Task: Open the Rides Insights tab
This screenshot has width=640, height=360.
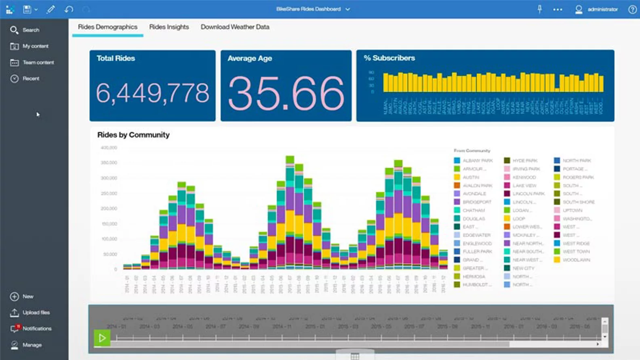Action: (169, 27)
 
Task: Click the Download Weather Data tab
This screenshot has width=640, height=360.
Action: (235, 27)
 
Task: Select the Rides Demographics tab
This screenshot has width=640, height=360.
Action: (107, 27)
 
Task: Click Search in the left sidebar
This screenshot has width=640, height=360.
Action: (30, 30)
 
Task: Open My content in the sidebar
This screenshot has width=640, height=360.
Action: (35, 46)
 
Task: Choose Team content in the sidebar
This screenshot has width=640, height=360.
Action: (38, 62)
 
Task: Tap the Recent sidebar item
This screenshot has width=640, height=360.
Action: (31, 78)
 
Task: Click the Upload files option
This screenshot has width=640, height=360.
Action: (36, 312)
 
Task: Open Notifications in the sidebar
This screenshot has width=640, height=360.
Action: (37, 328)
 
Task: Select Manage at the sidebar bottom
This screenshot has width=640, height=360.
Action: (32, 345)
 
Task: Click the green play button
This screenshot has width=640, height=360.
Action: (102, 338)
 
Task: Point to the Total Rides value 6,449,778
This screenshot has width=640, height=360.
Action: (152, 93)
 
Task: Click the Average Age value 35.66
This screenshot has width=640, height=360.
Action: (286, 94)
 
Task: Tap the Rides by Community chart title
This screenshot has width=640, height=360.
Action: (133, 135)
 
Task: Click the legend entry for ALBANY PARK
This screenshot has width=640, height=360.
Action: (477, 160)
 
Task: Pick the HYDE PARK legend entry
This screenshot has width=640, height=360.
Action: (525, 160)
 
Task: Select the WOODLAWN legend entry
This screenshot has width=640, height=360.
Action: (576, 260)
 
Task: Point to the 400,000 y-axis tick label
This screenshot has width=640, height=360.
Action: (109, 148)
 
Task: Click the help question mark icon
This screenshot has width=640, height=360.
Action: (632, 9)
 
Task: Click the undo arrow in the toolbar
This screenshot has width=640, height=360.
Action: (69, 9)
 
